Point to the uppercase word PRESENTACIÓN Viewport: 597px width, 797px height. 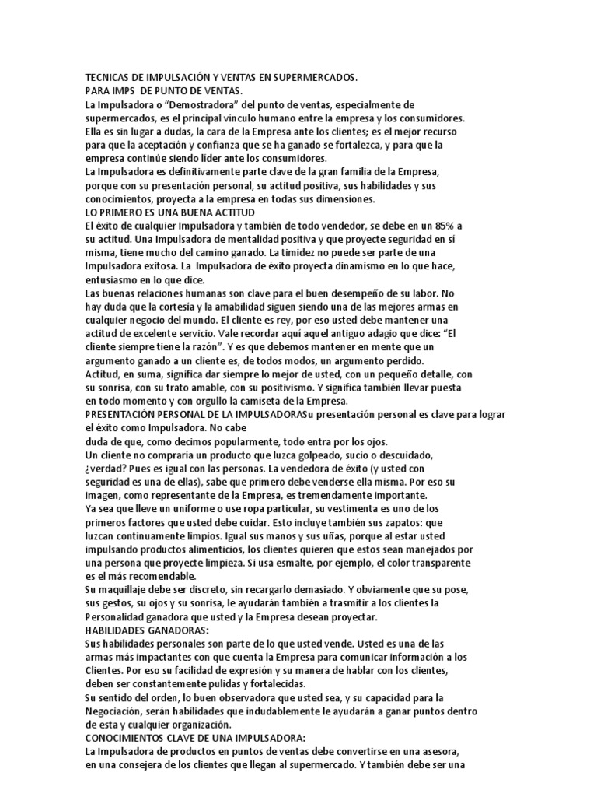127,415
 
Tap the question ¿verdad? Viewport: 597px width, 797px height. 107,469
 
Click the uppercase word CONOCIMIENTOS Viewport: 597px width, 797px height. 129,738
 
